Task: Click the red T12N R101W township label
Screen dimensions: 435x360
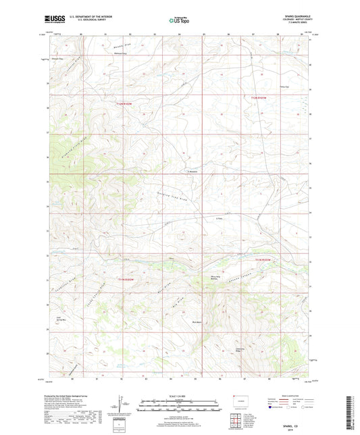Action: [259, 99]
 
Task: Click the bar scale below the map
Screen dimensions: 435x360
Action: [180, 407]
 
